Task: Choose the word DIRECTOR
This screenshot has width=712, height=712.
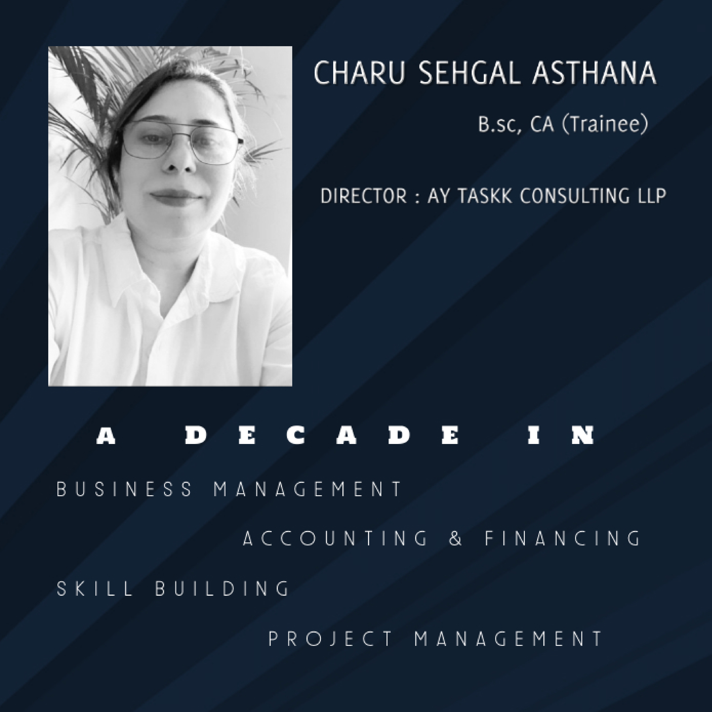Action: pos(363,196)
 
